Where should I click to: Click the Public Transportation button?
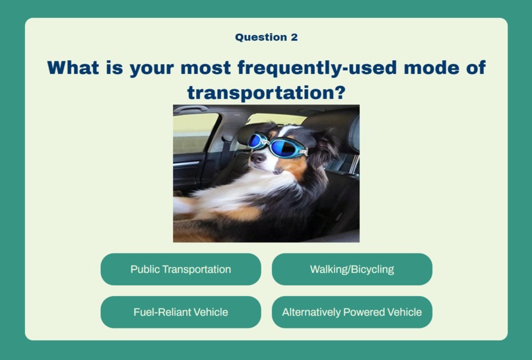[x=181, y=270]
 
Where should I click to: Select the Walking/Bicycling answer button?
[x=352, y=270]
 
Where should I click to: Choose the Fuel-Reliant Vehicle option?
[x=181, y=312]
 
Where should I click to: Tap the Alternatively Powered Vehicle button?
[x=352, y=312]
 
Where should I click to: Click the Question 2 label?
[x=267, y=37]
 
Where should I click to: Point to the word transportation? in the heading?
[x=267, y=92]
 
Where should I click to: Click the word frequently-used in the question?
[x=317, y=67]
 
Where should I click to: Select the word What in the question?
[x=73, y=67]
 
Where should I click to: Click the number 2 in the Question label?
[x=294, y=37]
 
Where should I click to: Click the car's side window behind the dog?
[x=195, y=133]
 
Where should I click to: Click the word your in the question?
[x=152, y=69]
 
